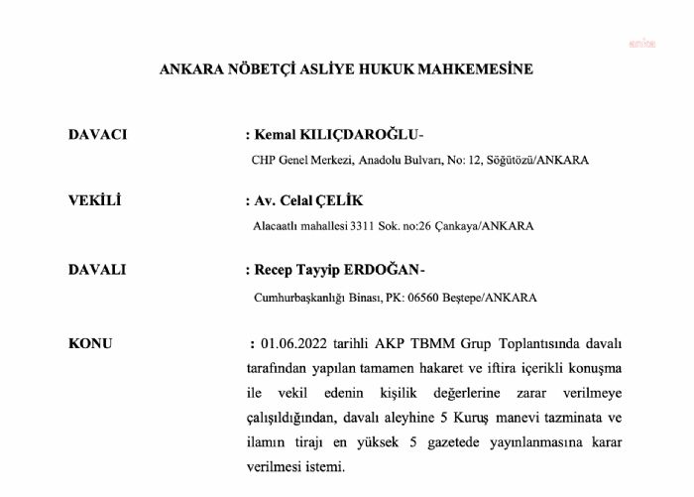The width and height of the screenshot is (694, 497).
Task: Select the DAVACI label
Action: coord(97,134)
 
